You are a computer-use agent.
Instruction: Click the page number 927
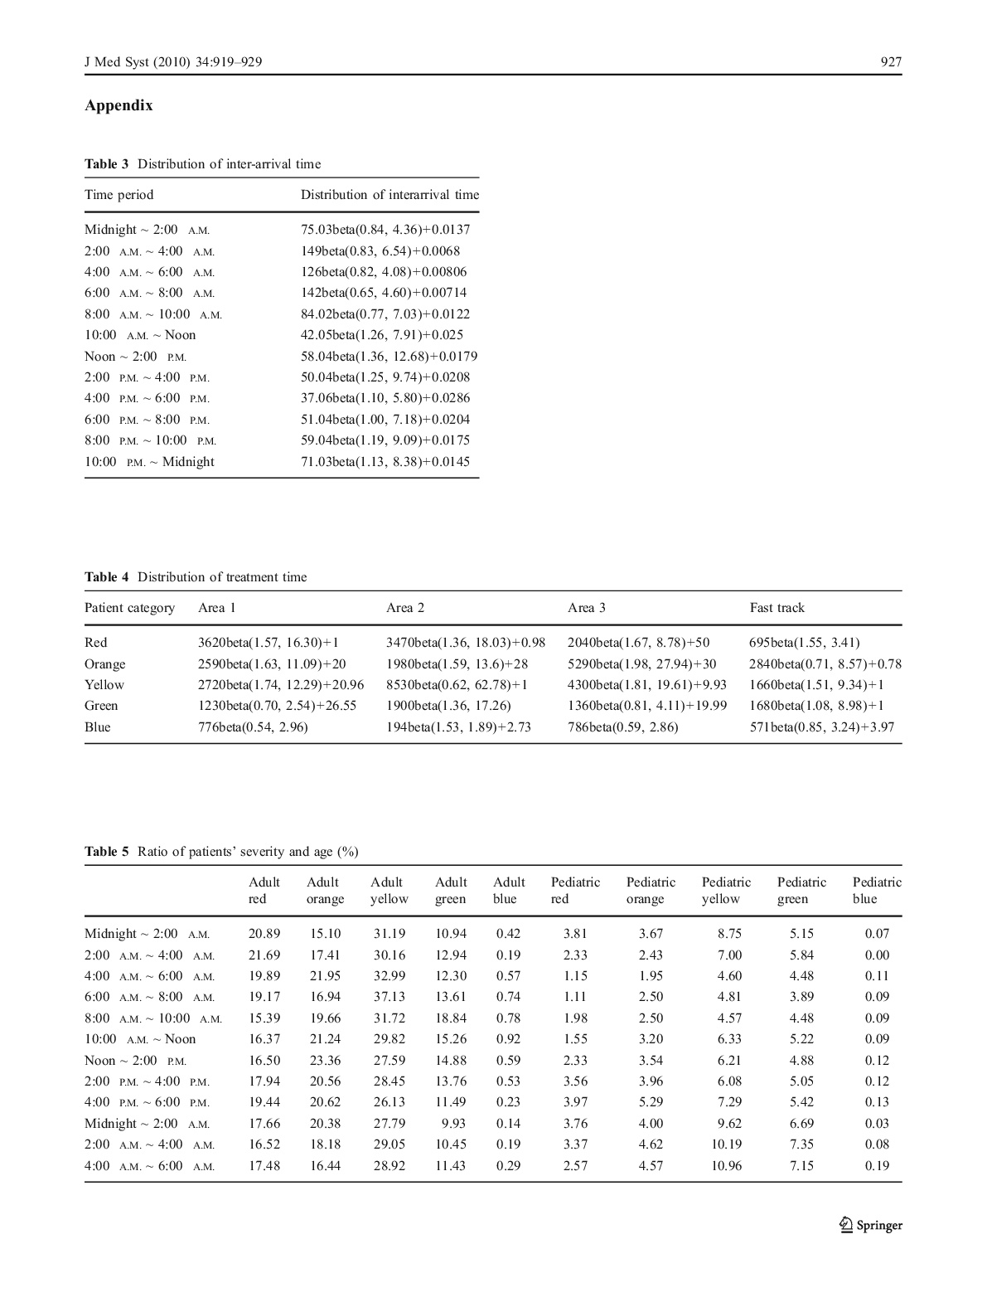pos(891,61)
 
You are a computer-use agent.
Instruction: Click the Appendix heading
pos(119,105)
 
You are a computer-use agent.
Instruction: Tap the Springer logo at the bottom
pos(870,1225)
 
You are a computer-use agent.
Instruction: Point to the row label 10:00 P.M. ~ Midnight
pos(149,462)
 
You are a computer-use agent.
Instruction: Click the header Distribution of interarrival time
pos(389,195)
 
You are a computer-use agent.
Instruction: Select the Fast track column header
pos(777,608)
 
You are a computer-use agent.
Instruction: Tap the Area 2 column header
pos(405,608)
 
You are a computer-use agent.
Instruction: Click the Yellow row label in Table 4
pos(104,685)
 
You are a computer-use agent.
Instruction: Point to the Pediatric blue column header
pos(877,891)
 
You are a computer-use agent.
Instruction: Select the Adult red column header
pos(264,891)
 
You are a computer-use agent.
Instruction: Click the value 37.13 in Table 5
pos(387,997)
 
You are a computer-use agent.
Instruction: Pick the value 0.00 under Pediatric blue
pos(877,955)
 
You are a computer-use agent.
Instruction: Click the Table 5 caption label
pos(107,852)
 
